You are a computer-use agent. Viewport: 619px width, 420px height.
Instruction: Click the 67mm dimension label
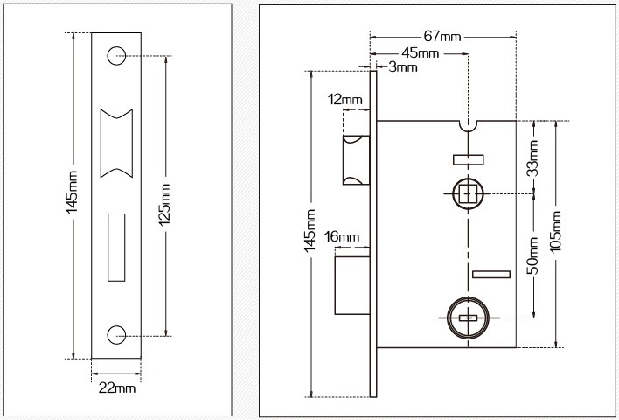pyautogui.click(x=442, y=37)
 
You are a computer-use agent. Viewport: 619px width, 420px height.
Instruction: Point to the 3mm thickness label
pyautogui.click(x=402, y=67)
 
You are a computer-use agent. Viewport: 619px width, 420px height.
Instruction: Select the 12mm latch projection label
pyautogui.click(x=345, y=100)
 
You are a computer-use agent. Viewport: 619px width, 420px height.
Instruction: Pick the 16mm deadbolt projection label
pyautogui.click(x=342, y=237)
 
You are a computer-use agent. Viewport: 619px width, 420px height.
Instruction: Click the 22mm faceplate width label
pyautogui.click(x=117, y=388)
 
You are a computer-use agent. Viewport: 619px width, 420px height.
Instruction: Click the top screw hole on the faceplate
pyautogui.click(x=117, y=55)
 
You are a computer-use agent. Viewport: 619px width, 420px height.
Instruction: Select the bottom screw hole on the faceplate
pyautogui.click(x=117, y=333)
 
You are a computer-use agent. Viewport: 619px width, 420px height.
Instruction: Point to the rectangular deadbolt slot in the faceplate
pyautogui.click(x=117, y=247)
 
